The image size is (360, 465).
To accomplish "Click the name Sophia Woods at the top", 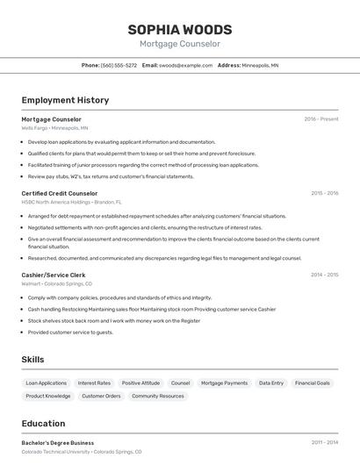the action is point(180,29).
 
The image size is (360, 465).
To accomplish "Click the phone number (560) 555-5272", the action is point(119,65).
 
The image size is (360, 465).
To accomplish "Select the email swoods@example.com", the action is point(186,65).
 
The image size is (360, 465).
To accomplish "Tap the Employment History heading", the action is point(65,100).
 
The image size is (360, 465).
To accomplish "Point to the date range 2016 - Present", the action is point(321,118).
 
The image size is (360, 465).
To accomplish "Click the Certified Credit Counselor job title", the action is point(60,193).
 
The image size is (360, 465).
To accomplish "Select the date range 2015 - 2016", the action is point(325,193).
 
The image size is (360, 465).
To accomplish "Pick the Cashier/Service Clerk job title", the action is point(54,275).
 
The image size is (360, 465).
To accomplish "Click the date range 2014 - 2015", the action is point(325,275).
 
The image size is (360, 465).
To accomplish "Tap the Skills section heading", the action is point(32,360).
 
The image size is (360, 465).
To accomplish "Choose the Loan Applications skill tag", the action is point(47,383).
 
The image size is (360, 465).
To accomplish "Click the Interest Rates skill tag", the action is point(94,383).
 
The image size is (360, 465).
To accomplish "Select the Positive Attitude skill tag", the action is point(140,383).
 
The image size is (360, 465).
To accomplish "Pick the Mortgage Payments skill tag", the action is point(224,383).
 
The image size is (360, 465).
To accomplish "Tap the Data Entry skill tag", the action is point(271,383).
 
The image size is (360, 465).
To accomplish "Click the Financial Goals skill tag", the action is point(313,383).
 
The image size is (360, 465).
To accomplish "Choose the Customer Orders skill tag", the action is point(101,397).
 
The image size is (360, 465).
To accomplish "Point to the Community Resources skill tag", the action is point(158,397).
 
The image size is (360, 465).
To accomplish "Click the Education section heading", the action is point(43,424).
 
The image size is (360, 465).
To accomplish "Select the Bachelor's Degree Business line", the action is point(58,443).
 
